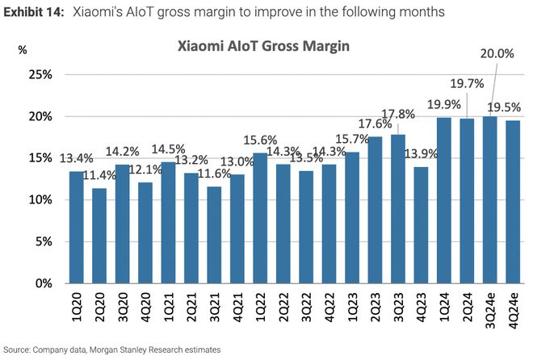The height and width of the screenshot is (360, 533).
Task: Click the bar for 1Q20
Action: point(76,227)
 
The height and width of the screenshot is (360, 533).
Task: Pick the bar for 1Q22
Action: point(260,218)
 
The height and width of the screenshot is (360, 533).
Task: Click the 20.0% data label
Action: point(497,77)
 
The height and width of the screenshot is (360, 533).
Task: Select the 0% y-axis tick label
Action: point(44,283)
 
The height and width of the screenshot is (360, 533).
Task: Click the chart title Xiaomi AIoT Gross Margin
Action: point(265,48)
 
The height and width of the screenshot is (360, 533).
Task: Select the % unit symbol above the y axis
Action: point(23,49)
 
